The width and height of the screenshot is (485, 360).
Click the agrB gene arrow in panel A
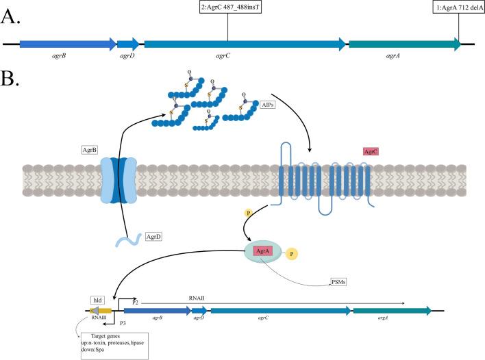pyautogui.click(x=67, y=44)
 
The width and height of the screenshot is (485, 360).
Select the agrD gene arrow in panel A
pyautogui.click(x=128, y=44)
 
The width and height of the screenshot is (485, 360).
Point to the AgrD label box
pyautogui.click(x=154, y=237)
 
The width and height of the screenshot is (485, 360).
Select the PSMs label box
pyautogui.click(x=337, y=280)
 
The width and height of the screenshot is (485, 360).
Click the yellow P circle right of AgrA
pyautogui.click(x=312, y=253)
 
